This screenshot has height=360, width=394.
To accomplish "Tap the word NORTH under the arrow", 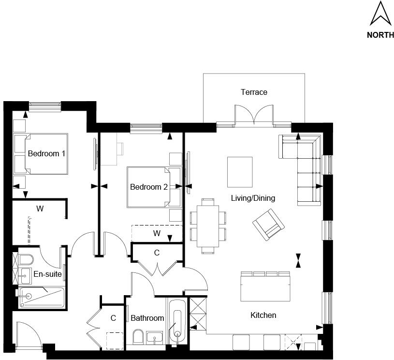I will click(x=380, y=35).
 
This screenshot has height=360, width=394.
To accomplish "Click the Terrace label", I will click(x=254, y=92).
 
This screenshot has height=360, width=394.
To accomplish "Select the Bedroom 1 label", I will click(x=46, y=153).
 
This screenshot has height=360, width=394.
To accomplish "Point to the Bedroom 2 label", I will click(x=148, y=187).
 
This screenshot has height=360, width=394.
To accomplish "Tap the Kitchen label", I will click(x=263, y=315).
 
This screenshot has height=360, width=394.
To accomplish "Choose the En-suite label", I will click(x=47, y=274).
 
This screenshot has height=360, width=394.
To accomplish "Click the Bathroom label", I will click(x=147, y=318).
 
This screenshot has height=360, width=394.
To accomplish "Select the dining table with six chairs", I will click(x=208, y=226).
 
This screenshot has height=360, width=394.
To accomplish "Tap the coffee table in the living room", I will click(x=240, y=172).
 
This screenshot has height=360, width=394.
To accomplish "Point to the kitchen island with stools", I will click(x=265, y=286).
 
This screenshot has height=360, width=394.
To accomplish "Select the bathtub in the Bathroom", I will click(x=176, y=321).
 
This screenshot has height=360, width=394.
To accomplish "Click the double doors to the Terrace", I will click(x=254, y=116).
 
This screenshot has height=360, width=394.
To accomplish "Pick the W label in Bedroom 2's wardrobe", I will click(x=157, y=233).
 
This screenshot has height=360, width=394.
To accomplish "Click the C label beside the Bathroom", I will click(x=113, y=318).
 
